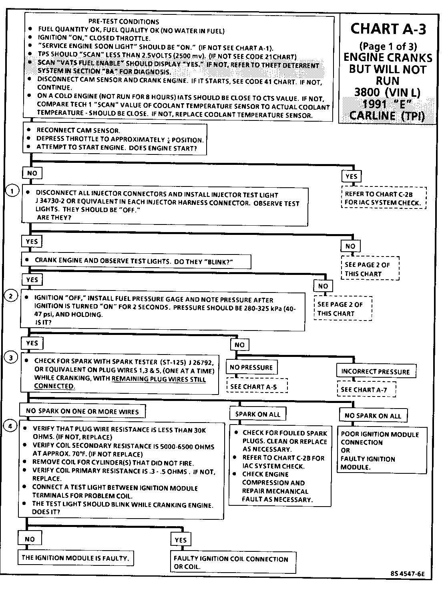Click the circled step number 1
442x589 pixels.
point(12,191)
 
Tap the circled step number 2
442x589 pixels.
point(11,296)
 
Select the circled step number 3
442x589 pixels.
point(11,358)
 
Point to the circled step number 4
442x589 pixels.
point(11,426)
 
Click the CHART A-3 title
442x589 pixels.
point(388,29)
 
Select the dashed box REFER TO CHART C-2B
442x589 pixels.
point(384,198)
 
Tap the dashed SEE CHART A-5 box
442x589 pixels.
point(257,387)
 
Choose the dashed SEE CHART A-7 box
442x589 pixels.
point(366,389)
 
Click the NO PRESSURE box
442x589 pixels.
point(251,367)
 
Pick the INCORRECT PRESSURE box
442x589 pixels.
point(376,371)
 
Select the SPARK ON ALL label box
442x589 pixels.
point(257,414)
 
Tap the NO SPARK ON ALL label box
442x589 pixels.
point(372,416)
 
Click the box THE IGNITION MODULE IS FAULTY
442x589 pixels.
point(75,558)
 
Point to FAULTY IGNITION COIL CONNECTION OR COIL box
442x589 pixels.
point(233,563)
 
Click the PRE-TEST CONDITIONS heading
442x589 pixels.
point(123,22)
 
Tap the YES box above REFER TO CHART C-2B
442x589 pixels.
point(351,176)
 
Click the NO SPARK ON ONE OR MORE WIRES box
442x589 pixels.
point(82,411)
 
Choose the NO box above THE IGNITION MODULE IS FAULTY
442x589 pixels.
point(30,539)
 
